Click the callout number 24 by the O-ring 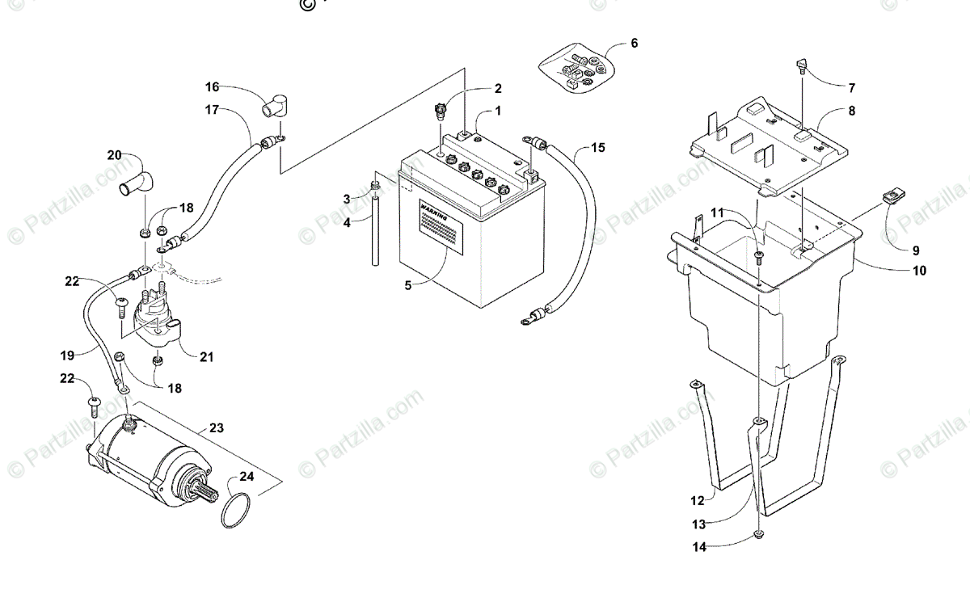tap(246, 477)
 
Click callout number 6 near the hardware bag tap(634, 44)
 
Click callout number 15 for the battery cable tap(597, 148)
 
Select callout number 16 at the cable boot tap(212, 86)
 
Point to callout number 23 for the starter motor tap(216, 428)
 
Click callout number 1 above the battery tap(498, 110)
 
